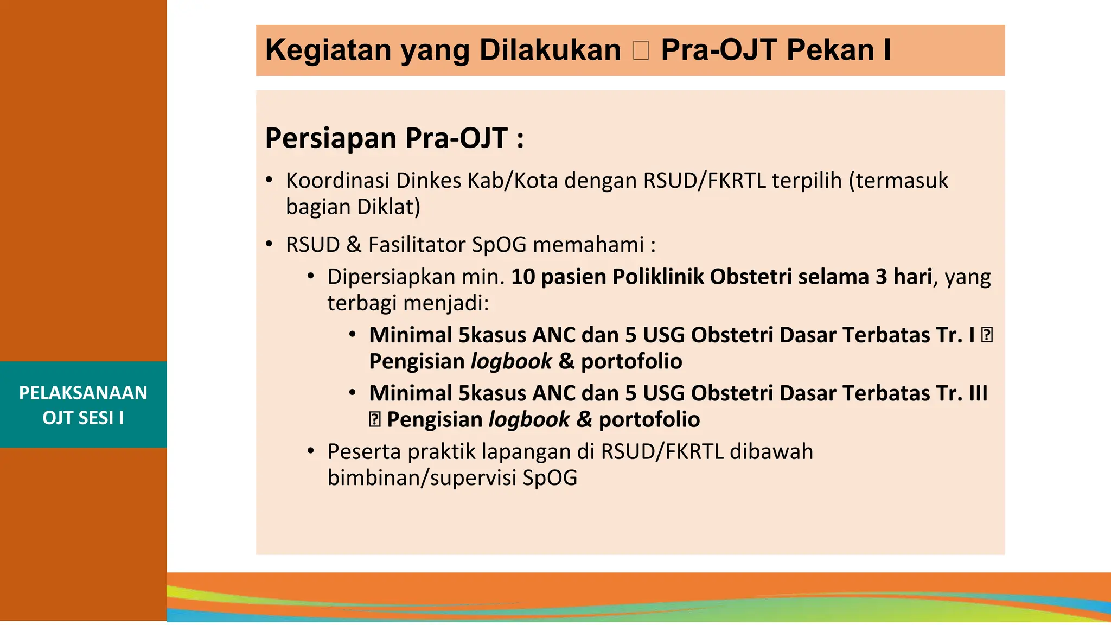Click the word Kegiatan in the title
click(x=328, y=50)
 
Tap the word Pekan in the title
click(x=830, y=50)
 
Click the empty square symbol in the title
click(x=641, y=50)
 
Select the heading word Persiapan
click(x=331, y=138)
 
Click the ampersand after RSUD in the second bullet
click(x=354, y=245)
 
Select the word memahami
click(x=588, y=245)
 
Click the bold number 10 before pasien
click(x=523, y=277)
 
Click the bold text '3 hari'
click(x=903, y=277)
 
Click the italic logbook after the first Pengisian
click(x=510, y=362)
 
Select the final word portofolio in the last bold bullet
click(x=649, y=420)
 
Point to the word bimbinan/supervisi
click(x=422, y=478)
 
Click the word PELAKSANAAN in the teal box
click(x=83, y=393)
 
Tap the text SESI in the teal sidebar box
click(x=95, y=418)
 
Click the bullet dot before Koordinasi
click(x=269, y=180)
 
